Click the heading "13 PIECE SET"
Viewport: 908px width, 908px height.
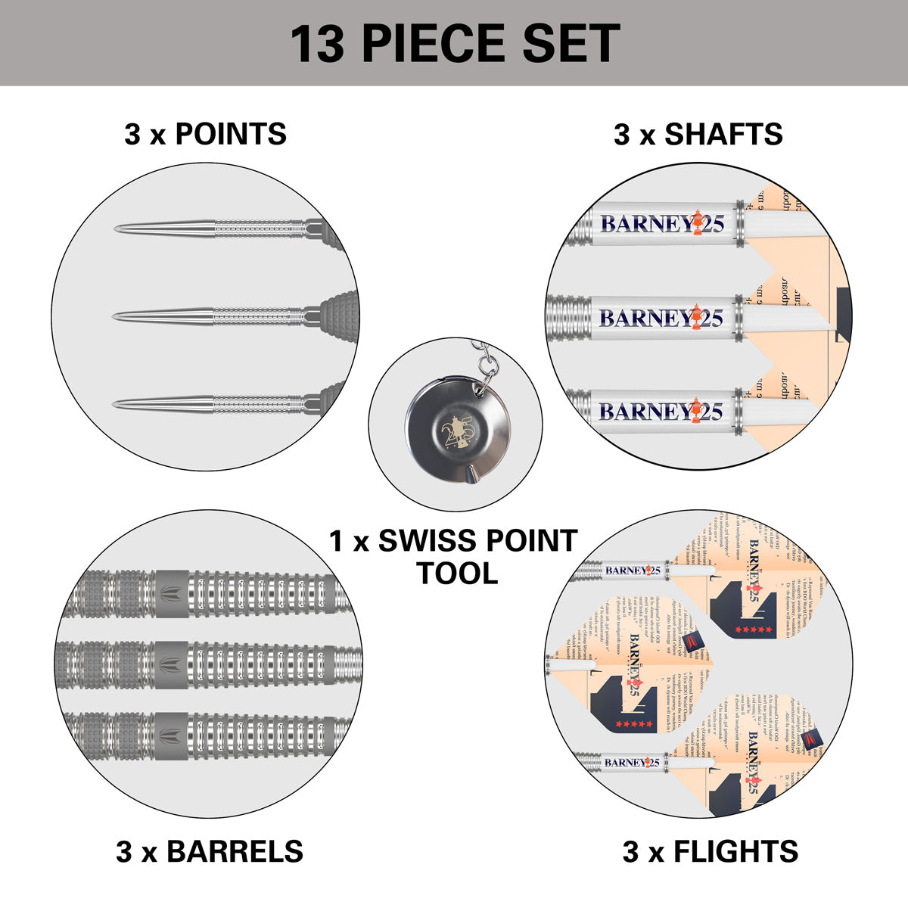pyautogui.click(x=455, y=43)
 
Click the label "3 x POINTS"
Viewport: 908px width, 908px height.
pyautogui.click(x=205, y=134)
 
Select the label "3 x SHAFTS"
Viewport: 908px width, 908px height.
pyautogui.click(x=698, y=134)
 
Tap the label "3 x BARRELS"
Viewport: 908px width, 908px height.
pyautogui.click(x=210, y=851)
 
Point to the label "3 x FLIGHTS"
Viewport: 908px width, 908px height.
pyautogui.click(x=710, y=851)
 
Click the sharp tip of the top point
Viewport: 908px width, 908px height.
pyautogui.click(x=116, y=229)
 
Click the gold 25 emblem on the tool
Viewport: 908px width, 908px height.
pyautogui.click(x=457, y=432)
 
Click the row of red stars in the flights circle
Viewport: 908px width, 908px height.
pyautogui.click(x=757, y=630)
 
